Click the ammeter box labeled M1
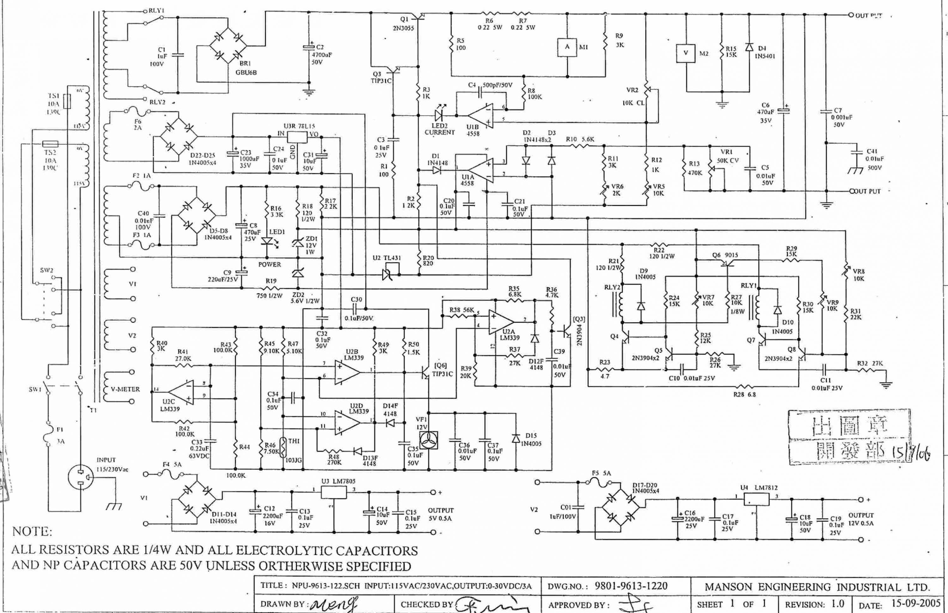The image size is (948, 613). tap(567, 47)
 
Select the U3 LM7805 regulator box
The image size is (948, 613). tap(333, 492)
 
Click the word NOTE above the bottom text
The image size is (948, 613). tap(32, 531)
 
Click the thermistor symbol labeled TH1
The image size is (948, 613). tap(283, 447)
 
